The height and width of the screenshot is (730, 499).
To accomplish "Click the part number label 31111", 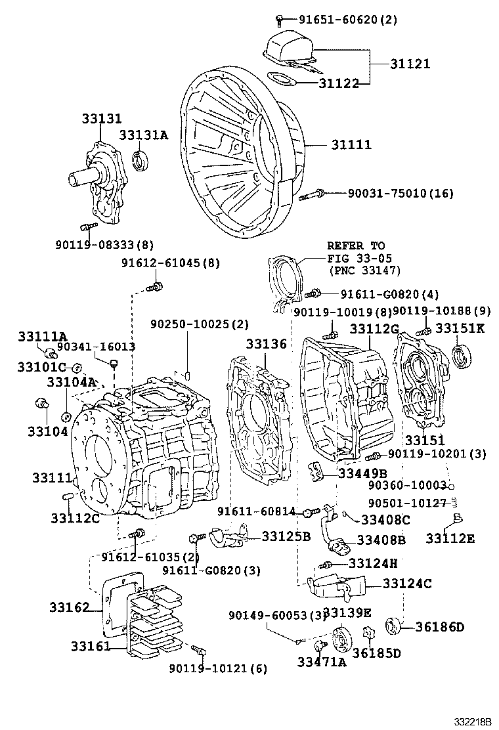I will (x=351, y=144).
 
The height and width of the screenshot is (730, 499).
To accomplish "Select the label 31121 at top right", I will (x=408, y=64).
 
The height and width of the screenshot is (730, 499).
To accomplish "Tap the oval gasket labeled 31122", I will (x=283, y=80).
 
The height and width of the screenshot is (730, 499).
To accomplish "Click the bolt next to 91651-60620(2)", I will (x=280, y=20).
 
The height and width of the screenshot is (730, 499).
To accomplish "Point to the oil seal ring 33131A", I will (x=141, y=160).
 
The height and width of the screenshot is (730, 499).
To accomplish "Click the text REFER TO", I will (x=355, y=246).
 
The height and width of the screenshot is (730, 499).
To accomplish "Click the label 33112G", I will (x=374, y=328).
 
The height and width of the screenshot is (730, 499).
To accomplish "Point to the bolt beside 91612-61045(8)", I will (x=156, y=286).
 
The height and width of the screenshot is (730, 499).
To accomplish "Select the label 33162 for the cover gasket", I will (x=69, y=608).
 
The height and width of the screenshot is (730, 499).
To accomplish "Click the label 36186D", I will (x=439, y=627).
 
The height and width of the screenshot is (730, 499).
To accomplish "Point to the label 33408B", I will (x=381, y=540).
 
